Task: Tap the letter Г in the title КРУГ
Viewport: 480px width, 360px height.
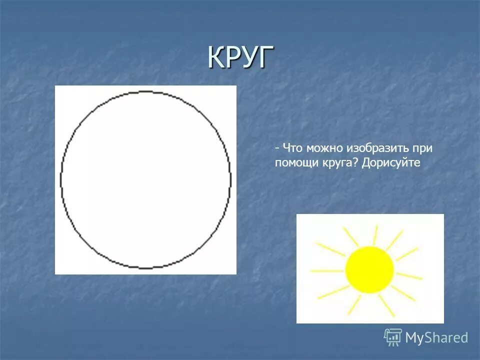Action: click(267, 57)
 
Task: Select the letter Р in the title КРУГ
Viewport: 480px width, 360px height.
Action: click(234, 57)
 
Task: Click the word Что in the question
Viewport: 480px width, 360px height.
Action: click(292, 148)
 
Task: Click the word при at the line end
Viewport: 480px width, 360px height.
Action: click(422, 148)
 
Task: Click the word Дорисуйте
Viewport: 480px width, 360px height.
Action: click(392, 163)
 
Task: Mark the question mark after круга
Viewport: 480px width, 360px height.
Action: click(357, 162)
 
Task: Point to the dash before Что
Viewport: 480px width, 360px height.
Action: click(276, 149)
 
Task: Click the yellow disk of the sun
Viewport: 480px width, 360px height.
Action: click(369, 269)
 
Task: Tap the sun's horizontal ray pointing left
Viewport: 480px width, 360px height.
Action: click(327, 271)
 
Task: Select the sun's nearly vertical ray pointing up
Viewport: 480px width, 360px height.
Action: click(374, 235)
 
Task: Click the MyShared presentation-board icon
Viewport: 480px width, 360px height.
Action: click(393, 337)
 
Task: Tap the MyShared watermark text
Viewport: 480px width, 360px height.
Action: click(436, 338)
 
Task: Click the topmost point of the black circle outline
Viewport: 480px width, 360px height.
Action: click(145, 91)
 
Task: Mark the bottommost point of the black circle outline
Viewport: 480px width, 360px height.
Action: click(145, 268)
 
